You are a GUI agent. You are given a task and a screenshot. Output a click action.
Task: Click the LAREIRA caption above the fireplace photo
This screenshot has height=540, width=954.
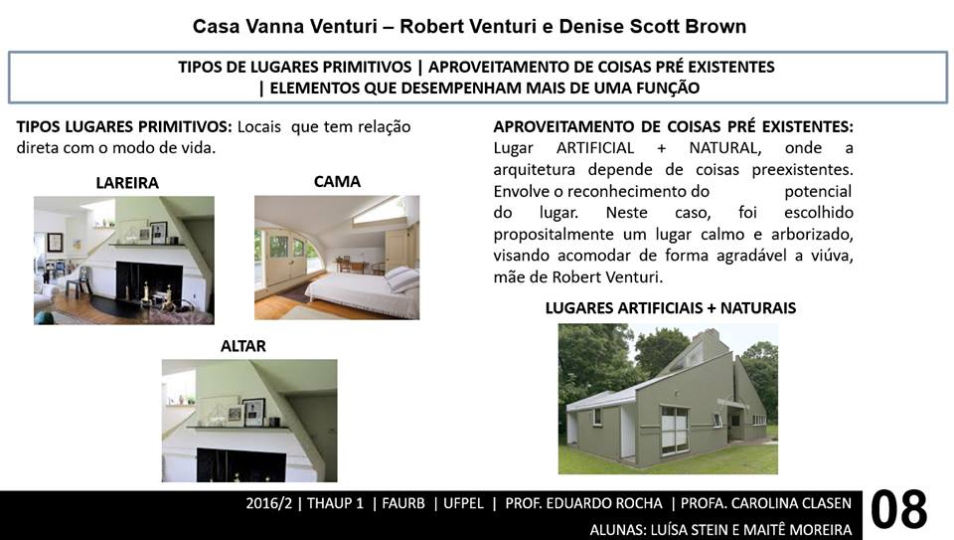tap(127, 183)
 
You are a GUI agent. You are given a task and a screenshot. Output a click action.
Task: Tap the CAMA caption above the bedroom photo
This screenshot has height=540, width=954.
tap(337, 181)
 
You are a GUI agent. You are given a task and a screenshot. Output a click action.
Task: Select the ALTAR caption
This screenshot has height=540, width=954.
tap(243, 346)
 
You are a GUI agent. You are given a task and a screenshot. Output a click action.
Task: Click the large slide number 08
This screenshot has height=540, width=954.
tap(898, 510)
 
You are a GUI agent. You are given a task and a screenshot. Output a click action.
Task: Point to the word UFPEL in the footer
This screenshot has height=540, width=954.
tap(464, 503)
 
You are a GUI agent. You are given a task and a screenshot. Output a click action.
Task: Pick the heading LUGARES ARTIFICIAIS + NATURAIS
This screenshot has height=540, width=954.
tap(671, 308)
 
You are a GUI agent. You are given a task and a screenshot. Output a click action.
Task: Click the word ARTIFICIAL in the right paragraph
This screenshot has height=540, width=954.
tap(595, 148)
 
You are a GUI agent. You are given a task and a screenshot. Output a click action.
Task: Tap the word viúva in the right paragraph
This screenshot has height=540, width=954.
tap(832, 256)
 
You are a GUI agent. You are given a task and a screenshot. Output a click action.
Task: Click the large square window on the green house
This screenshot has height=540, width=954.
tap(674, 430)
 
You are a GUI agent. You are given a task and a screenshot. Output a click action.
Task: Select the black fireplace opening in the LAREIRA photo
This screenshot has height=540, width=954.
tap(149, 283)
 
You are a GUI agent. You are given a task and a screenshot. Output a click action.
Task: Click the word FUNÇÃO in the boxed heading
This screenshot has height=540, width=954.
tap(668, 89)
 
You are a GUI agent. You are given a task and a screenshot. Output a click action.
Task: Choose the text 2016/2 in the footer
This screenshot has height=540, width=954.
tap(269, 503)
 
